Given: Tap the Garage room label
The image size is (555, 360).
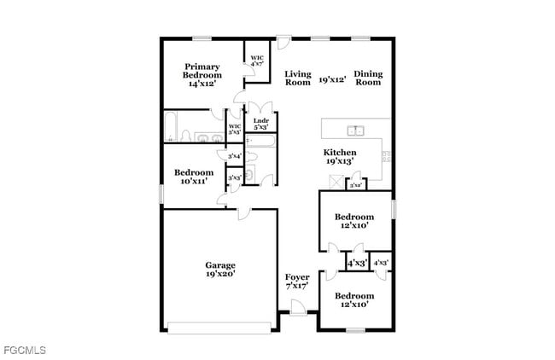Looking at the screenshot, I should click(219, 264).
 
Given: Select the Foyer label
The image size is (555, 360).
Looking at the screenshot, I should click(296, 276).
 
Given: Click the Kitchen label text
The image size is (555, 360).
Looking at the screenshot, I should click(339, 152).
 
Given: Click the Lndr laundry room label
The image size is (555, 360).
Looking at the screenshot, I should click(261, 122).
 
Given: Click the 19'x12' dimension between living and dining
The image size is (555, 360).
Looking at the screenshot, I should click(332, 79).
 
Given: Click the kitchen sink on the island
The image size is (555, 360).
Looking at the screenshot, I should click(356, 131).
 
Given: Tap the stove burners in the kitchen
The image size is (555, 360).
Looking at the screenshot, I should click(386, 156).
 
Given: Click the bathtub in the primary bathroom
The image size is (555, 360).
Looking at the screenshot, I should click(172, 126).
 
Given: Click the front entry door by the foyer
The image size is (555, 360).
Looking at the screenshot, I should click(297, 307).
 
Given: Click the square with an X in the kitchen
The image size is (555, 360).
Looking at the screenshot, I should click(337, 181).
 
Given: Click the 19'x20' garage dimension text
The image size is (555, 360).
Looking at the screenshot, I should click(219, 274).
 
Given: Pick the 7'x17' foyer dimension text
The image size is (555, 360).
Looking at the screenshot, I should click(296, 286).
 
